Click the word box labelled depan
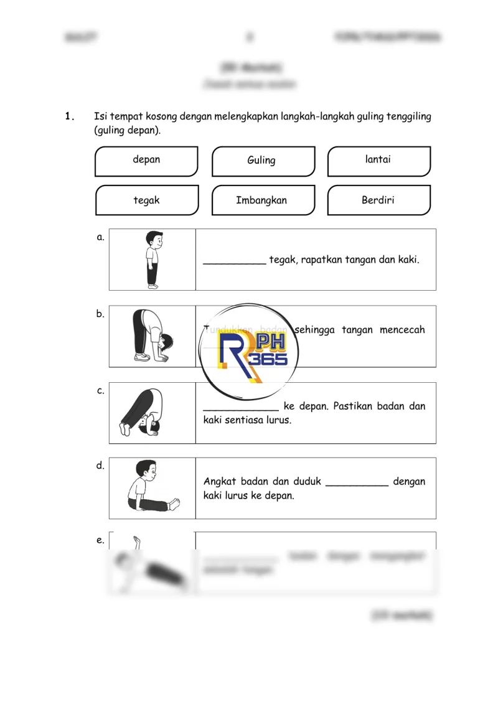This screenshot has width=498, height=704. click(x=146, y=161)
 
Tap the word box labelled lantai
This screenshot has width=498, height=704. click(x=378, y=161)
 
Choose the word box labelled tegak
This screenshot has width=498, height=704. click(x=146, y=200)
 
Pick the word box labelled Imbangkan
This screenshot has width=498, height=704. click(x=261, y=200)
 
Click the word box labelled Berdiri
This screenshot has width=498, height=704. click(x=378, y=200)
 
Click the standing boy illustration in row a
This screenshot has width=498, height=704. click(x=152, y=260)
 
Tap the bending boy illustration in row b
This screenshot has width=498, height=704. click(x=152, y=336)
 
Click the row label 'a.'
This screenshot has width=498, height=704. click(x=100, y=237)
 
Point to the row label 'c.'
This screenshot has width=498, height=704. click(x=100, y=391)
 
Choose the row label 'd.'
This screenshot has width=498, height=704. click(x=100, y=466)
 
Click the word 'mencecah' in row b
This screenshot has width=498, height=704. click(x=402, y=330)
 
